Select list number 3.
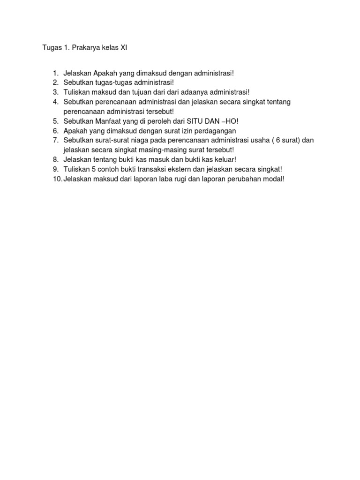(55, 92)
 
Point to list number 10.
(57, 179)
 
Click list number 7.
(55, 140)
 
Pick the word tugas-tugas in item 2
(110, 83)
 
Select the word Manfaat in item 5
(109, 121)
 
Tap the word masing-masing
(146, 150)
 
